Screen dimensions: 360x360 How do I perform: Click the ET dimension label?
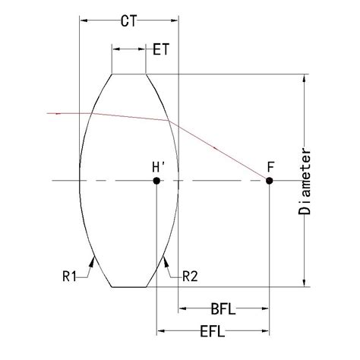(x=161, y=49)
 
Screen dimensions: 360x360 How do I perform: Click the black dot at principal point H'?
(x=156, y=181)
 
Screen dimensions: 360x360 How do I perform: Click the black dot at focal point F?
(x=270, y=181)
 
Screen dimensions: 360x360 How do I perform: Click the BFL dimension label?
(x=222, y=309)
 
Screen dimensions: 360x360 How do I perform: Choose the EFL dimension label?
(x=212, y=332)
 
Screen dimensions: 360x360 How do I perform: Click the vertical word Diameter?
(x=305, y=180)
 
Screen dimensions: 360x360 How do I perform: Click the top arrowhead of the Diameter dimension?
(x=305, y=77)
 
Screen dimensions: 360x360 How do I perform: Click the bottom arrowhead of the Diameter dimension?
(x=305, y=283)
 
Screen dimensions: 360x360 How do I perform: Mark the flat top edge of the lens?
(x=129, y=74)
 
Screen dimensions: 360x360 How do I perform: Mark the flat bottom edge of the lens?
(x=129, y=287)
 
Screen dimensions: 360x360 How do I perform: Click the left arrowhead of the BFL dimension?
(x=182, y=310)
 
